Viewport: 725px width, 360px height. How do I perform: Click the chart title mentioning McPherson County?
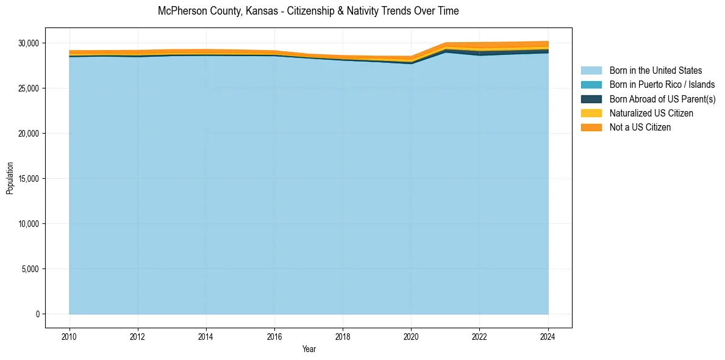point(308,11)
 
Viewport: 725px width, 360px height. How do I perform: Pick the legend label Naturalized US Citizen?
point(651,113)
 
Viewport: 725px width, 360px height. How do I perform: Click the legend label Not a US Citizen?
point(640,128)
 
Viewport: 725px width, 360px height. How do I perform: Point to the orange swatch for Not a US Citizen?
point(591,128)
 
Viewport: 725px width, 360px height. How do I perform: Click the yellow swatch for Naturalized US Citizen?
point(591,113)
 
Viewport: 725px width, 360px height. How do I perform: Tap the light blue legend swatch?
point(591,71)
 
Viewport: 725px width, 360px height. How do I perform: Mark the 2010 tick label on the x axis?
point(70,336)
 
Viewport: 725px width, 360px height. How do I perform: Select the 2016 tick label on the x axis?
point(274,336)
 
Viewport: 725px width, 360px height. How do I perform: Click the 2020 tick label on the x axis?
point(411,336)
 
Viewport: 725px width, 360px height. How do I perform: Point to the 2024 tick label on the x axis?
point(548,336)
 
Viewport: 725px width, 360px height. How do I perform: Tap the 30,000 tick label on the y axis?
point(27,43)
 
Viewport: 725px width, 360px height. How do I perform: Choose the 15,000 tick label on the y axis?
point(27,179)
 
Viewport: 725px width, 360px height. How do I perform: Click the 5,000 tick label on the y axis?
point(29,269)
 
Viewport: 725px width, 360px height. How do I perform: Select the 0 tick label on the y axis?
point(37,314)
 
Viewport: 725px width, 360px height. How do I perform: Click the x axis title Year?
point(309,349)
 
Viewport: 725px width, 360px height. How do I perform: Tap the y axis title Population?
point(10,178)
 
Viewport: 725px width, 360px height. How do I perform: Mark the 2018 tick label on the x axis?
point(343,336)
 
